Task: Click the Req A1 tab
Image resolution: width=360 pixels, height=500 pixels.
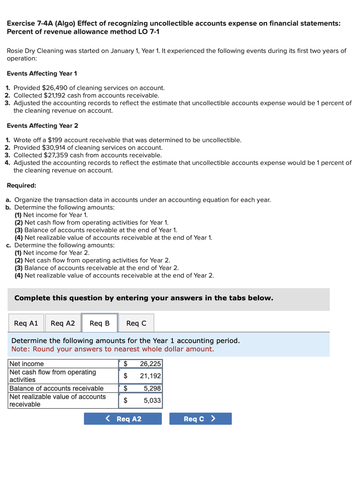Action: (26, 323)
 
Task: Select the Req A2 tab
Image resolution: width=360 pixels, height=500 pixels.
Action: (63, 323)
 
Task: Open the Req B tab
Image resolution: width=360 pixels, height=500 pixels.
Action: (99, 323)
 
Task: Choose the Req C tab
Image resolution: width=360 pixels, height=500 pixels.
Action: (136, 323)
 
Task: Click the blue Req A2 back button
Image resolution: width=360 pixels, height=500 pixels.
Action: (123, 419)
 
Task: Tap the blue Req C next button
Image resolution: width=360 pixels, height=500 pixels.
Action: (200, 419)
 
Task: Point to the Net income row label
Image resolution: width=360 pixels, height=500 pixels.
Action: (26, 364)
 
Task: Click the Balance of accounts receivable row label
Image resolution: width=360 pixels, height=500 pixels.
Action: (56, 388)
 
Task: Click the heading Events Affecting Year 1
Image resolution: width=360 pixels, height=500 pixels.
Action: (42, 73)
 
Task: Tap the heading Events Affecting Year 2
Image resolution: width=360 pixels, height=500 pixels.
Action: (42, 126)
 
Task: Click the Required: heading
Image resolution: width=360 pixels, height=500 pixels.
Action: (22, 185)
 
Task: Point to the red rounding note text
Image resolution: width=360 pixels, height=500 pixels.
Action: (113, 349)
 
